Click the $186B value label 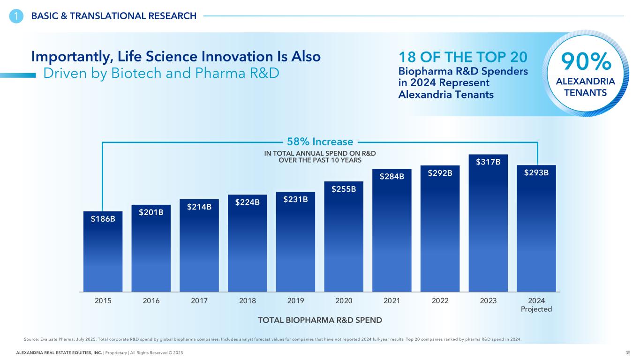click(x=103, y=218)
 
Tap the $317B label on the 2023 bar click(x=488, y=162)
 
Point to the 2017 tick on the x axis click(x=199, y=301)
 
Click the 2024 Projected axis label click(x=536, y=305)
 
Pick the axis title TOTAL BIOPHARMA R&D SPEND click(x=320, y=320)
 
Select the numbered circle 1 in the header click(x=16, y=16)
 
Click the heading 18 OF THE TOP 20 click(x=463, y=57)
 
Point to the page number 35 click(x=627, y=352)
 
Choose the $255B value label click(x=344, y=189)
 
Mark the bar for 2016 click(x=151, y=253)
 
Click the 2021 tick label click(x=392, y=301)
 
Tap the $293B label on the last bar click(x=536, y=172)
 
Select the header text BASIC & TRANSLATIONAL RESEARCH click(x=114, y=16)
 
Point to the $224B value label click(x=247, y=202)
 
